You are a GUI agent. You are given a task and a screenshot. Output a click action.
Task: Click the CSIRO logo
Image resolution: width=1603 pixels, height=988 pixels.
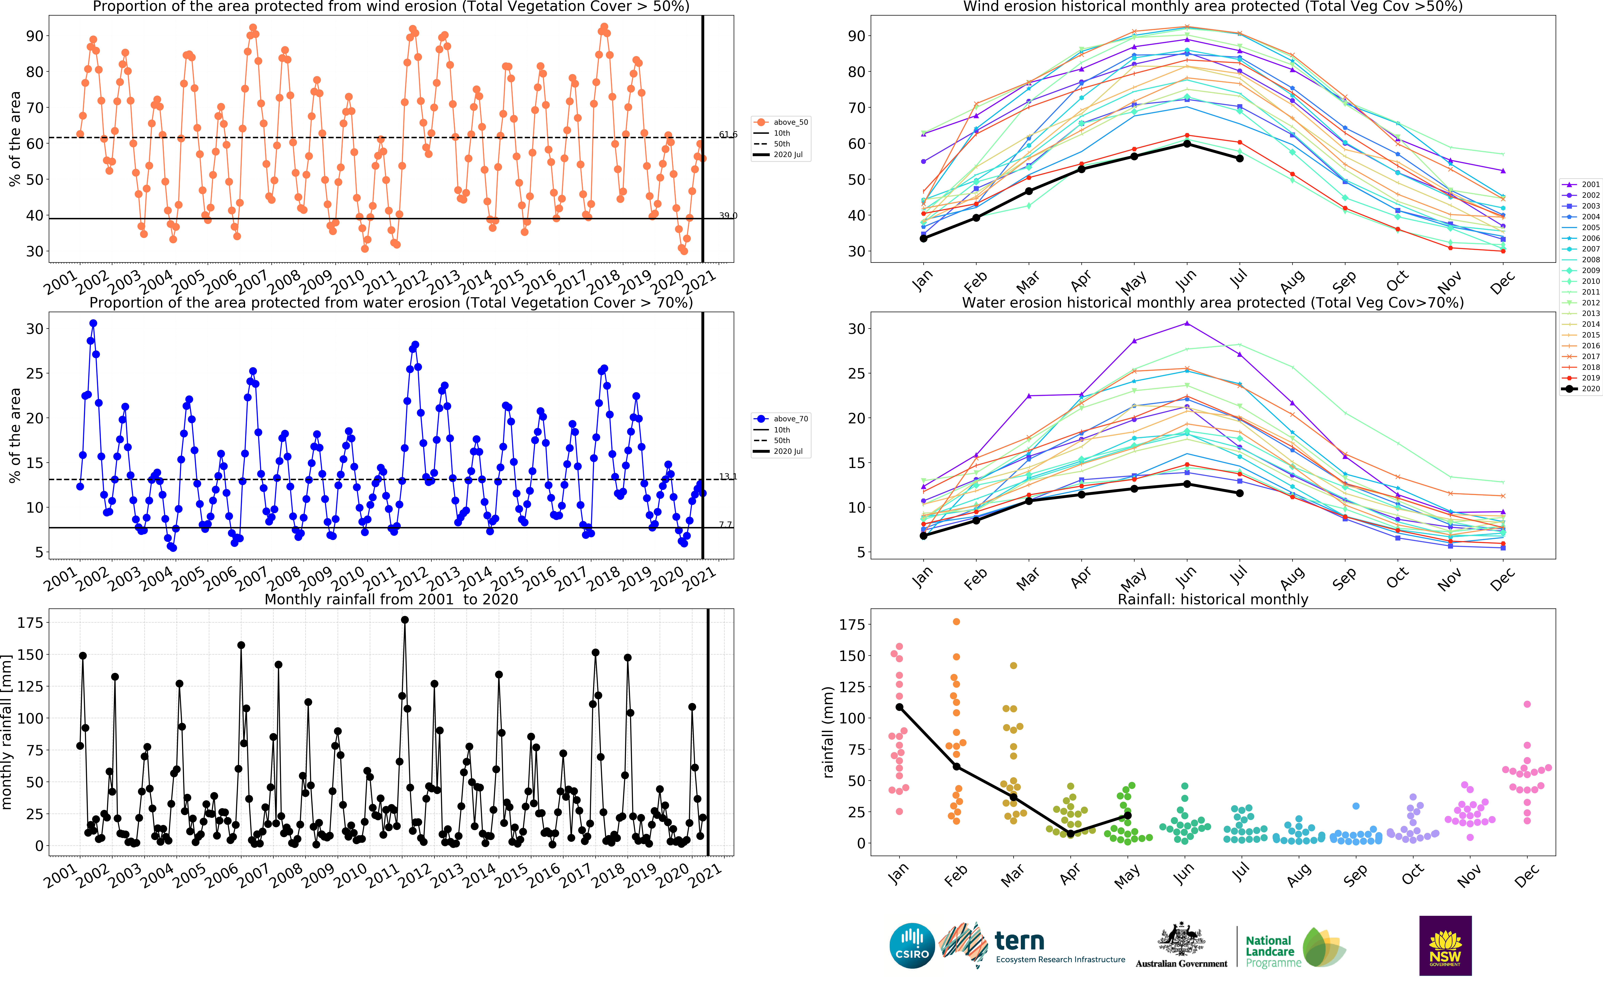[912, 946]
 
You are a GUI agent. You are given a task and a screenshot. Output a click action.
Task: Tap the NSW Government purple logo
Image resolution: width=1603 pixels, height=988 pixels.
[1445, 945]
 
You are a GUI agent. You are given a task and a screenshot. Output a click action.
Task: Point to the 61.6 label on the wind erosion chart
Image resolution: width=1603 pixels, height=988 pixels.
[728, 135]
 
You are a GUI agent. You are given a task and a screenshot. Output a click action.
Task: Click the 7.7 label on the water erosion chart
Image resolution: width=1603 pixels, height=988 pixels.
[725, 525]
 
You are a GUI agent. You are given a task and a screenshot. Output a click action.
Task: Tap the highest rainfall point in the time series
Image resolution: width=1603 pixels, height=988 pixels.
[405, 620]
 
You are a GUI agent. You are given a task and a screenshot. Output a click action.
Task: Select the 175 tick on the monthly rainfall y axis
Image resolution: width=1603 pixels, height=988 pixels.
[30, 623]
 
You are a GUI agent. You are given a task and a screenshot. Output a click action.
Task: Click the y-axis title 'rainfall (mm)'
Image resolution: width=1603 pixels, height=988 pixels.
[828, 732]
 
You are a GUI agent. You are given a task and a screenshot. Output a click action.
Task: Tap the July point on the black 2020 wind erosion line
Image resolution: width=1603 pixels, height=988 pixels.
[1239, 159]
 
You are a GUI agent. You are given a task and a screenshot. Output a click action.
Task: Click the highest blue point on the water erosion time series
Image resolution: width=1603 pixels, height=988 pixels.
[93, 323]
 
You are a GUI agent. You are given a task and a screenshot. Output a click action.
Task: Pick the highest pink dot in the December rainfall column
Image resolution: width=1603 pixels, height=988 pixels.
[1527, 704]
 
